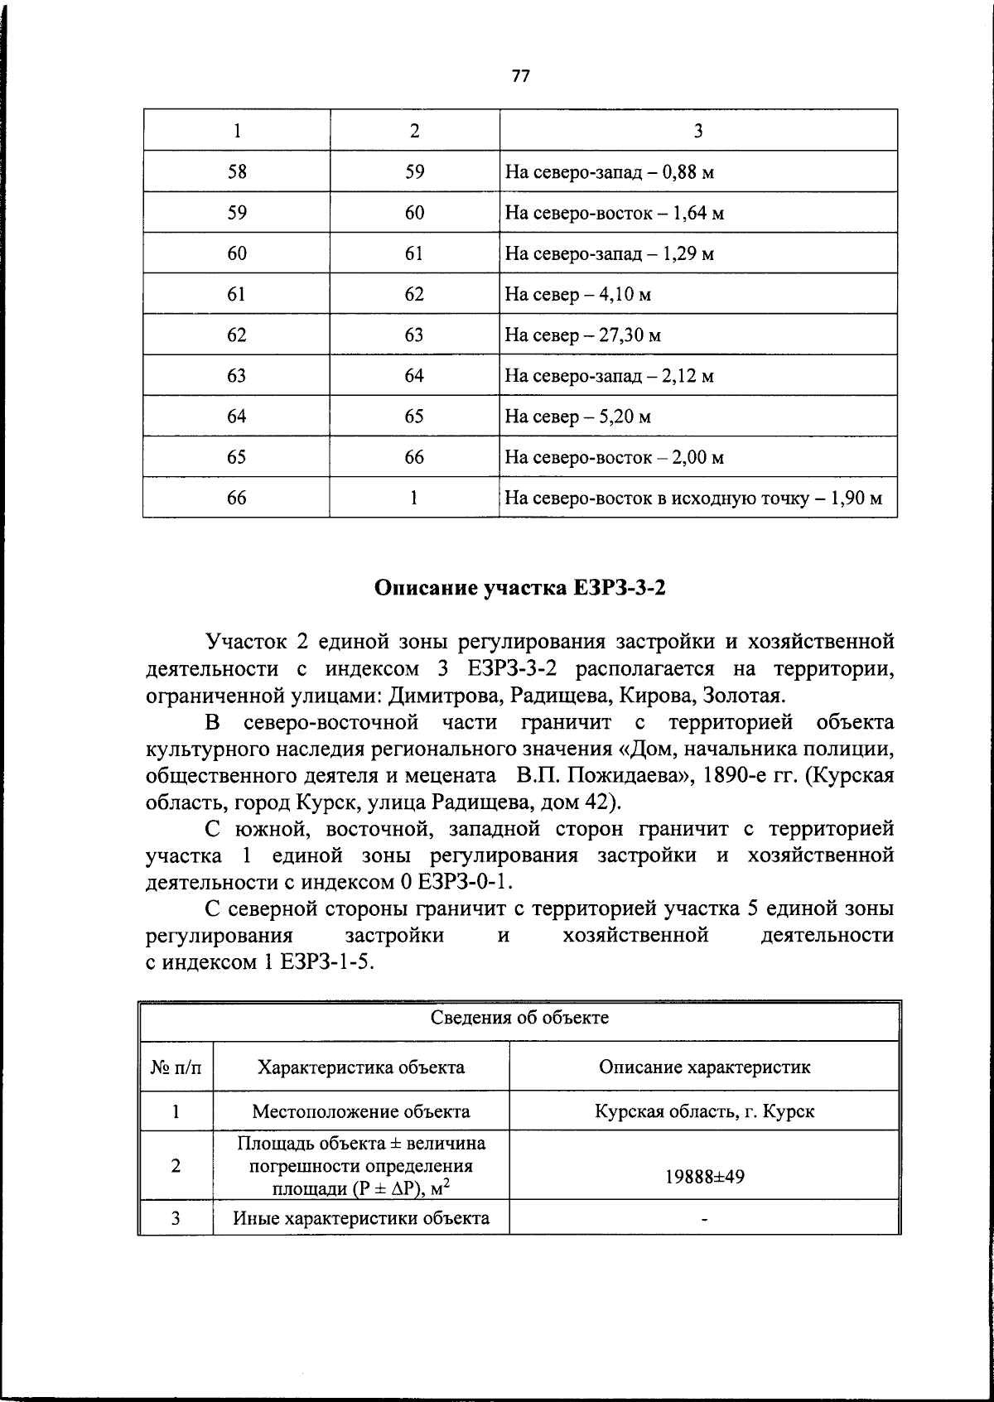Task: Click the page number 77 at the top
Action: coord(520,76)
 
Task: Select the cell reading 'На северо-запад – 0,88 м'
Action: coord(609,173)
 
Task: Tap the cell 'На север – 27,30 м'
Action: coord(582,335)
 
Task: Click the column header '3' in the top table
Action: coord(697,131)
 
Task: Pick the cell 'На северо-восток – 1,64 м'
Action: coord(614,214)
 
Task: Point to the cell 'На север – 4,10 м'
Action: coord(577,295)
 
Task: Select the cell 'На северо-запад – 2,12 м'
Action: coord(609,376)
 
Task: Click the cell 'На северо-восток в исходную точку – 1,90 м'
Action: coord(692,499)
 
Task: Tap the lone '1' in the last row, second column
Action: coord(414,498)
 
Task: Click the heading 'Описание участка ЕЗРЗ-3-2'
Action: coord(520,588)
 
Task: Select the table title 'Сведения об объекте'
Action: coord(519,1018)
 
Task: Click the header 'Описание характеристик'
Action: coord(704,1067)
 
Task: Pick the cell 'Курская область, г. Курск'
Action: coord(704,1111)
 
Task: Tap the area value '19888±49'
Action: coord(704,1175)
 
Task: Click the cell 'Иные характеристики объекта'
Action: coord(361,1217)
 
